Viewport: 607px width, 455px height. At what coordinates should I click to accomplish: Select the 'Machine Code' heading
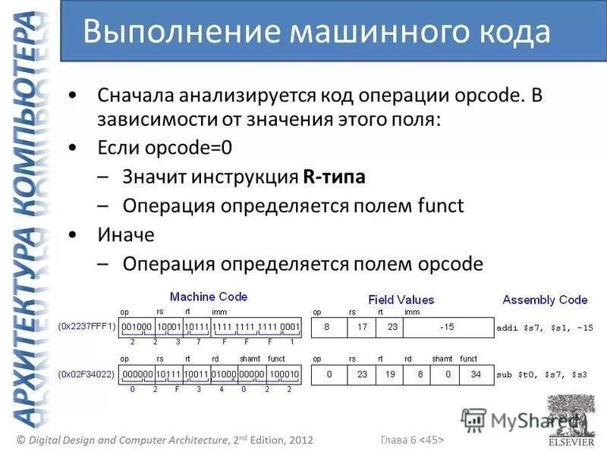click(x=209, y=297)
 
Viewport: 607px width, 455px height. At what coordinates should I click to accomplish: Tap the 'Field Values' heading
click(x=401, y=300)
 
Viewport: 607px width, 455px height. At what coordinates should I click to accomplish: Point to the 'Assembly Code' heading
click(x=545, y=300)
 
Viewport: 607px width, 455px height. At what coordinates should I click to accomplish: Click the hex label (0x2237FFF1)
click(x=86, y=327)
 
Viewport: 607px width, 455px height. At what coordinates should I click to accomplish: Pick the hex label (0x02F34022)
click(x=86, y=373)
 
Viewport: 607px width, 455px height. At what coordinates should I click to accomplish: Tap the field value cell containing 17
click(x=362, y=328)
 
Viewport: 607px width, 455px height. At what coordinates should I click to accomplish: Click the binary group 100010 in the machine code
click(x=284, y=374)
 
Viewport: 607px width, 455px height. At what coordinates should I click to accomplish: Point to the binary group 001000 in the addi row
click(x=137, y=328)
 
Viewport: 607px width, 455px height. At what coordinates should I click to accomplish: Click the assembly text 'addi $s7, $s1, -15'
click(x=544, y=328)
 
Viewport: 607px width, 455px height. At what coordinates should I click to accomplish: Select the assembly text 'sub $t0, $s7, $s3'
click(x=542, y=375)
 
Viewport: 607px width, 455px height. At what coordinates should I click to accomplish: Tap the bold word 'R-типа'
click(x=334, y=177)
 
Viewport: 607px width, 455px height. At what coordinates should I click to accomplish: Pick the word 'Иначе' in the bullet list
click(x=126, y=234)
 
